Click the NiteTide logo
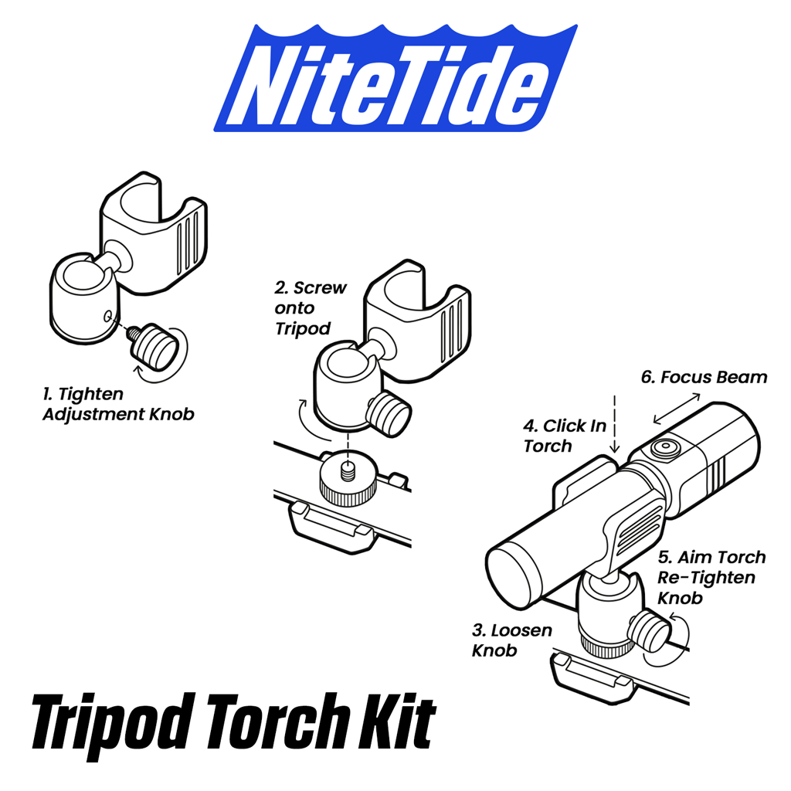tap(395, 78)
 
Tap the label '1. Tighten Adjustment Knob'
tap(118, 403)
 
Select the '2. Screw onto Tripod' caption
tap(311, 307)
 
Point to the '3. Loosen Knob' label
tap(511, 640)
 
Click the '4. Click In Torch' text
tap(565, 436)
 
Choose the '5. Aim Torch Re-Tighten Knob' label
tap(711, 577)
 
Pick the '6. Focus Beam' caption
tap(704, 377)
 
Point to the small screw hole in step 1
tap(107, 316)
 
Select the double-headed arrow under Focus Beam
tap(677, 409)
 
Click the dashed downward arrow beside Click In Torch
tap(614, 425)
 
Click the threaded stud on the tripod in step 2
tap(347, 472)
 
